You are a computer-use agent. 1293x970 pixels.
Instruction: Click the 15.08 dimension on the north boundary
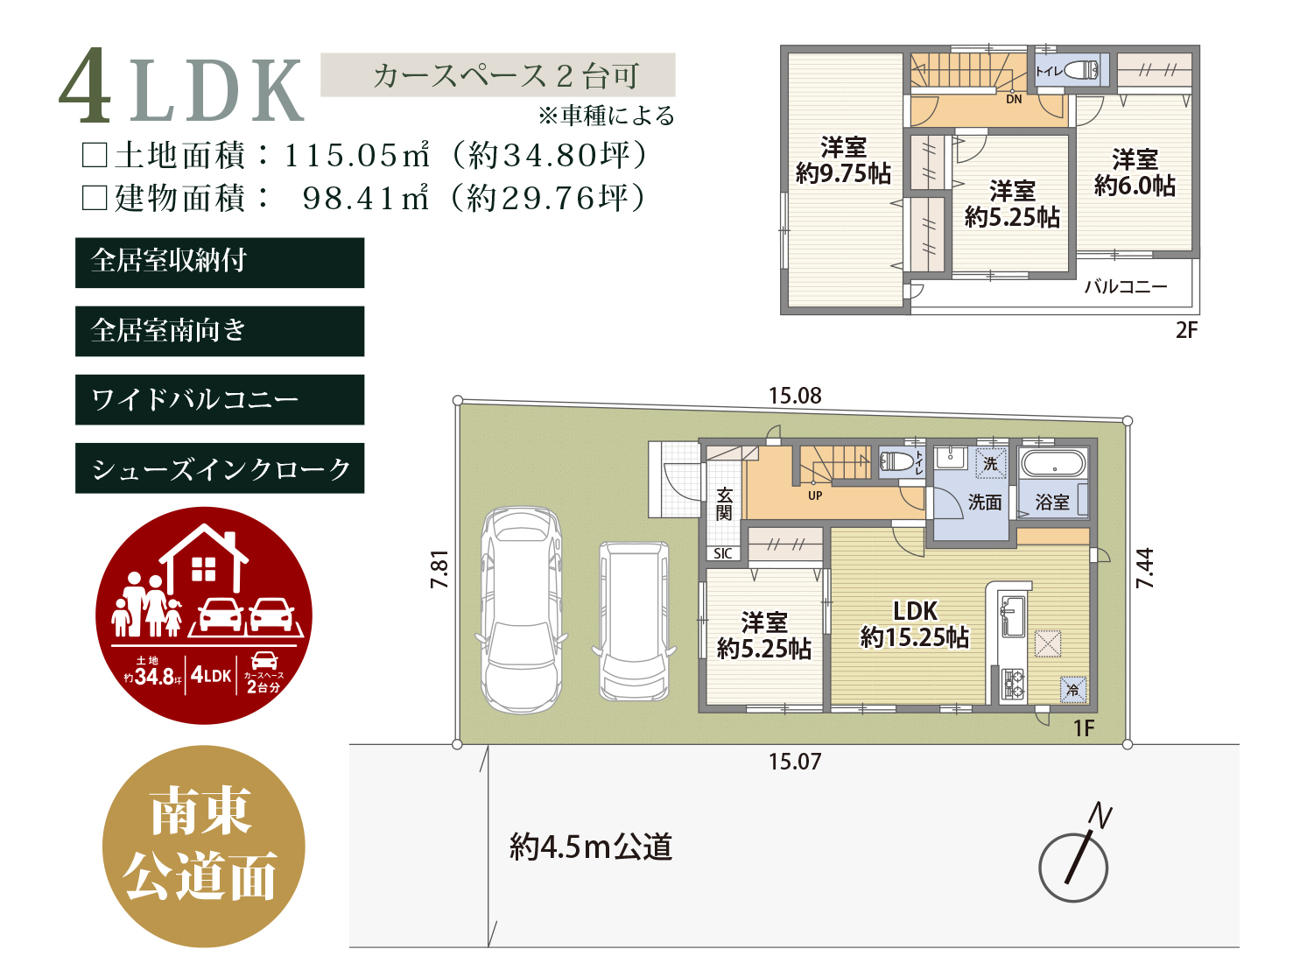tap(795, 396)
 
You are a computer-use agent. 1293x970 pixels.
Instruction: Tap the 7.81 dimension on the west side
tap(440, 569)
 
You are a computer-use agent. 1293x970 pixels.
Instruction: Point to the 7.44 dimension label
tap(1144, 568)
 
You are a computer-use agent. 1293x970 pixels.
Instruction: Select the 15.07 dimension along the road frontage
tap(795, 762)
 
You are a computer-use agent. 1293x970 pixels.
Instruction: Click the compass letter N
tap(1100, 815)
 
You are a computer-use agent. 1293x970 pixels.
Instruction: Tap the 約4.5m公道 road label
tap(591, 847)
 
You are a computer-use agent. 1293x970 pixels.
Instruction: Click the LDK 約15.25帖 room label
tap(914, 623)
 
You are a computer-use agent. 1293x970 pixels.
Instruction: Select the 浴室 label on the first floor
tap(1052, 502)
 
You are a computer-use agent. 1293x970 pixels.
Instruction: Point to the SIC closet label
tap(723, 553)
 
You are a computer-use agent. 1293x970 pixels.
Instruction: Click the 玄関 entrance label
tap(724, 504)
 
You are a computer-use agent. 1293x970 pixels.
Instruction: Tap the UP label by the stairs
tap(815, 496)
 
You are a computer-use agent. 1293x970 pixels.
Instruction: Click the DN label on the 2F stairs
tap(1014, 99)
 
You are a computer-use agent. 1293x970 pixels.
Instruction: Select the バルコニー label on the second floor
tap(1126, 287)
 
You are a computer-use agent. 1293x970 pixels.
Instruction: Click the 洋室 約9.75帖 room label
tap(843, 160)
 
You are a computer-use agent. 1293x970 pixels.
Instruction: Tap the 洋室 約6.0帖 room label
tap(1135, 172)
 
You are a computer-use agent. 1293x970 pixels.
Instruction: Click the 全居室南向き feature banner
tap(220, 331)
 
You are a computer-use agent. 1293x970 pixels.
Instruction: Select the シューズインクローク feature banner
tap(220, 468)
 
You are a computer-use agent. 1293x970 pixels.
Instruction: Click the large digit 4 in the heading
tap(86, 86)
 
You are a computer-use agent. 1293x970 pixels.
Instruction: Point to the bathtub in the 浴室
tap(1052, 463)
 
